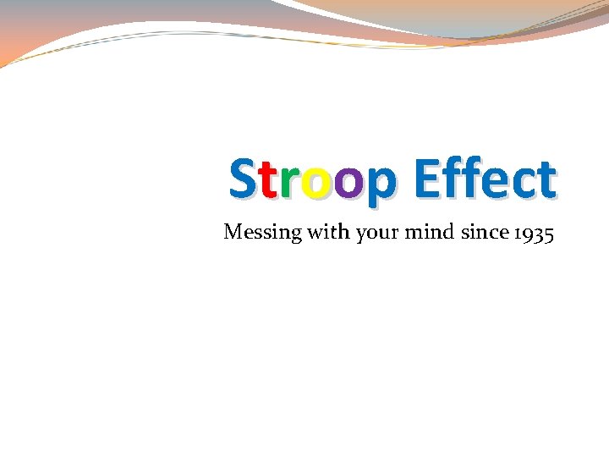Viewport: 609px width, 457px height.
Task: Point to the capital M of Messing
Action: pos(233,230)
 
